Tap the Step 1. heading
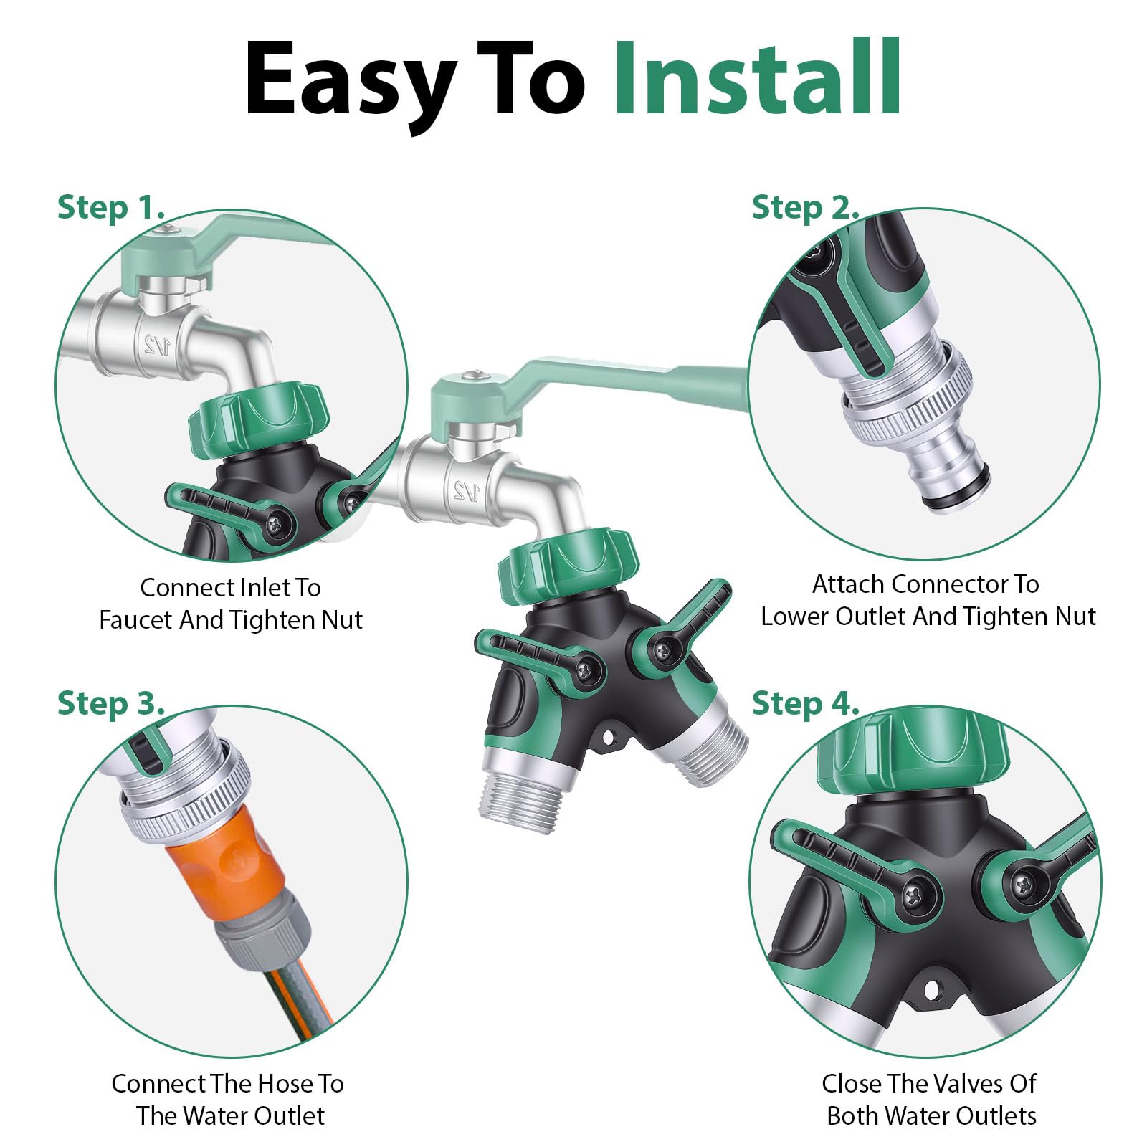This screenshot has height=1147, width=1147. point(111,207)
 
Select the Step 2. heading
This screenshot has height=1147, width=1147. point(805,207)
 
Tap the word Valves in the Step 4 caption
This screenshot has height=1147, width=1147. point(929,1083)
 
